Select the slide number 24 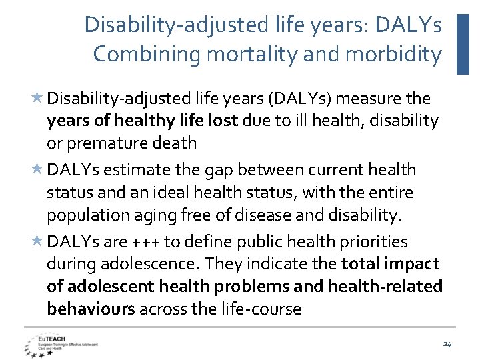(447, 344)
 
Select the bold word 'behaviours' (91, 309)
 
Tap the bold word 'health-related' (394, 286)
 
